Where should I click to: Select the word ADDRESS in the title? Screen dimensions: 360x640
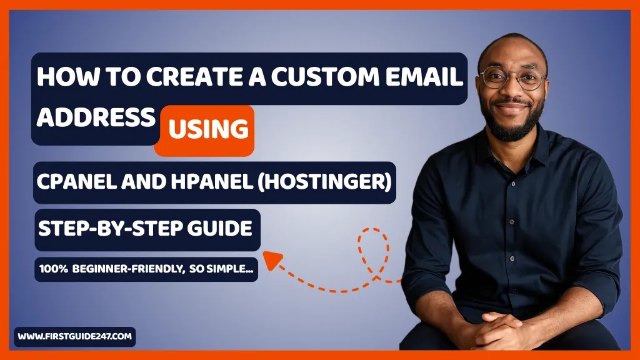coord(95,117)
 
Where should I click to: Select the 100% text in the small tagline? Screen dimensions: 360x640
coord(52,269)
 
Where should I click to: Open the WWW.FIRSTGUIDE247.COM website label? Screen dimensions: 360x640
coord(74,336)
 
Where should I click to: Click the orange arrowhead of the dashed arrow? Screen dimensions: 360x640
coord(270,259)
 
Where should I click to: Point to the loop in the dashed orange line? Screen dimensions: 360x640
coord(373,244)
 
